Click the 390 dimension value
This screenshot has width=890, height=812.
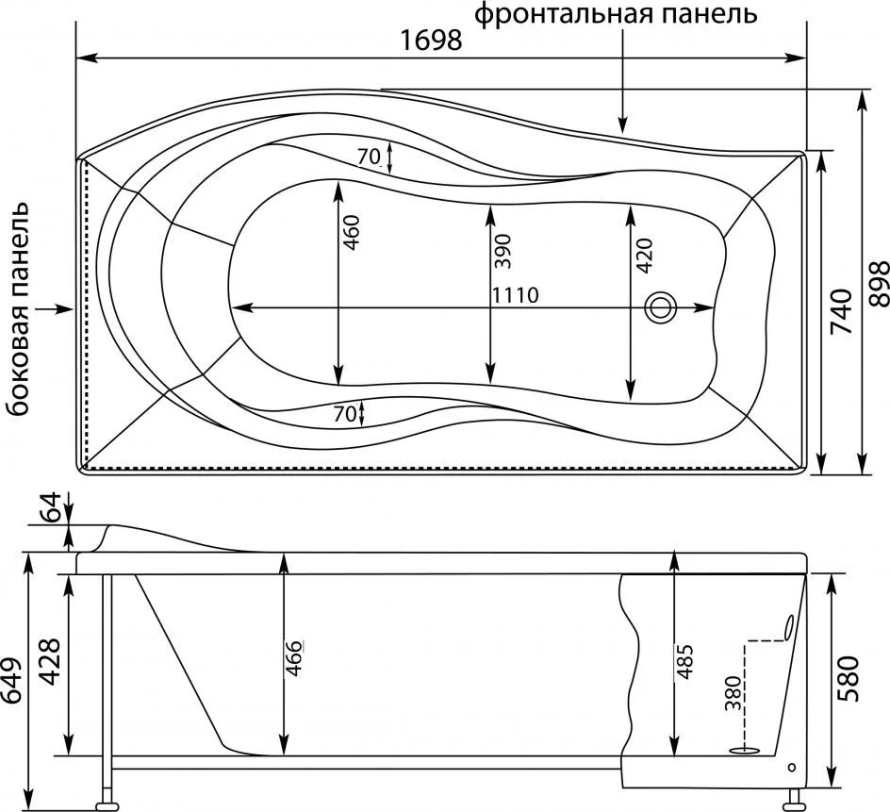tap(503, 251)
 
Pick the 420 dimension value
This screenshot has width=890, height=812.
tap(645, 255)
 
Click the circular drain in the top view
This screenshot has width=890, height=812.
tap(659, 307)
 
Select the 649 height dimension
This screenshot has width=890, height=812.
tap(11, 680)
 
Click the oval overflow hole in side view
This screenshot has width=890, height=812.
tap(788, 628)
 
